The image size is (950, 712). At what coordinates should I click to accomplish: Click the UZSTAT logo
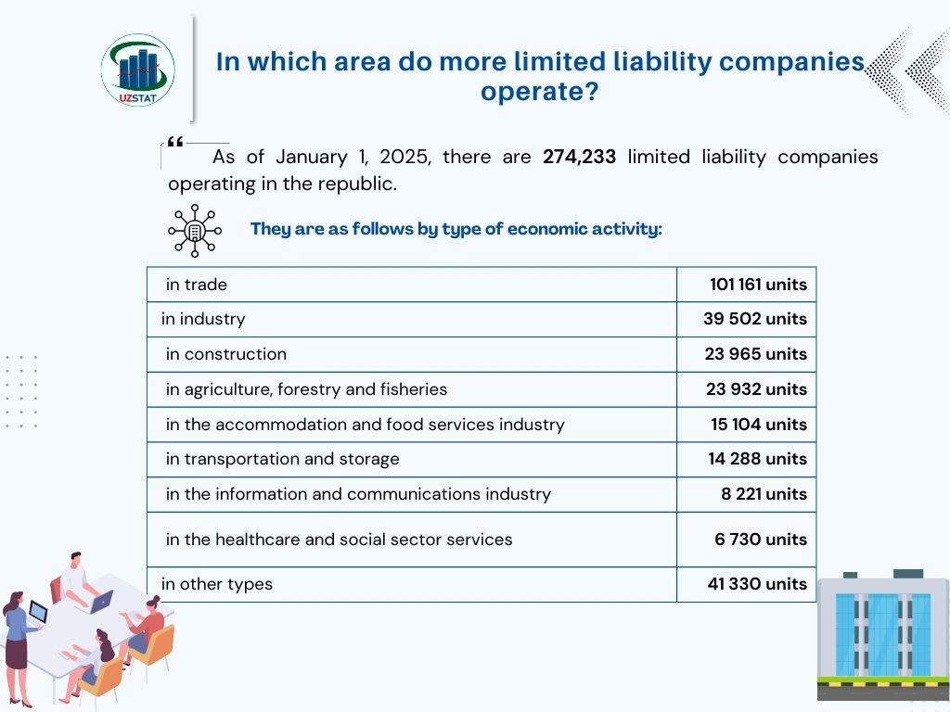tap(137, 70)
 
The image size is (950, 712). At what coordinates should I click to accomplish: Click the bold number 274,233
tap(579, 157)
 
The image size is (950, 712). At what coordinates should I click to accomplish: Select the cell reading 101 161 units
tap(758, 285)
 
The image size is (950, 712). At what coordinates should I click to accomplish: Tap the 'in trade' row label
tap(196, 285)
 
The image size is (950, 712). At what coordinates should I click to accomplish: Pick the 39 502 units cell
tap(754, 319)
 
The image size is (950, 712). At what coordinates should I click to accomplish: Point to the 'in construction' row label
tap(225, 354)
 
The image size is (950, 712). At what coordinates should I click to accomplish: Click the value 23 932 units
tap(756, 389)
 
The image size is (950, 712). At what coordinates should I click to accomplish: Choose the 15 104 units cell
tap(757, 425)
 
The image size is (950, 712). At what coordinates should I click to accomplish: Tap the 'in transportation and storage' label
tap(282, 459)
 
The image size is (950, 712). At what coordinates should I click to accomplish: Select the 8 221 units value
tap(764, 494)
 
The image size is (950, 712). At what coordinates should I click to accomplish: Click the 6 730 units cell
tap(760, 540)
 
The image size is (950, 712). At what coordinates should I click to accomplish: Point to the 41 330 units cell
tap(756, 584)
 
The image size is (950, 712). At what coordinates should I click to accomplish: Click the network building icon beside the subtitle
tap(195, 230)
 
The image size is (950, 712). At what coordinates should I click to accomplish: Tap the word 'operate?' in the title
tap(539, 93)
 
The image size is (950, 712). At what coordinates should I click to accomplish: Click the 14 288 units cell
tap(757, 459)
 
